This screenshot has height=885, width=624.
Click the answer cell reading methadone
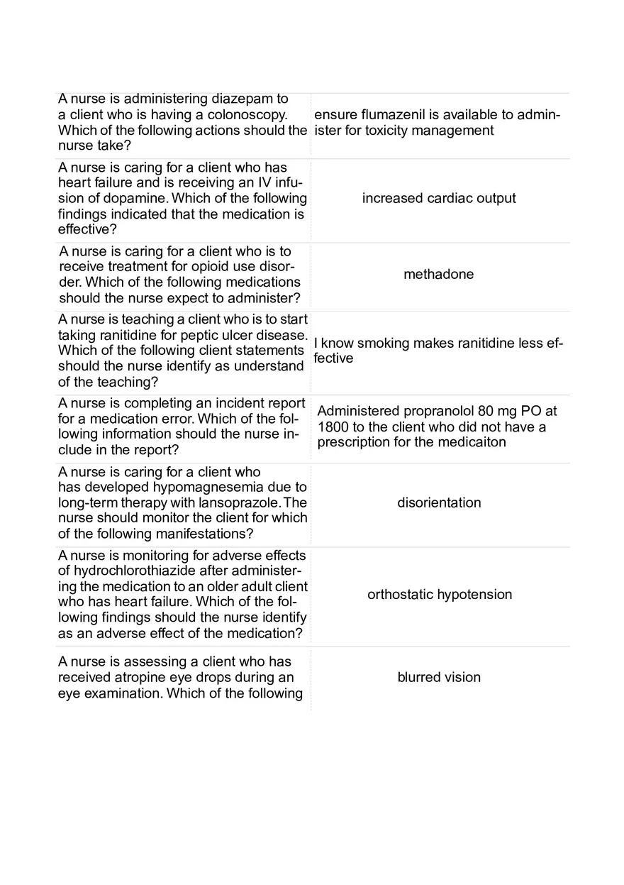tap(438, 275)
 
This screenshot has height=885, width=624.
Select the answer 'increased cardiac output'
tap(438, 198)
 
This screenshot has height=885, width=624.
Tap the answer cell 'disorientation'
tap(438, 502)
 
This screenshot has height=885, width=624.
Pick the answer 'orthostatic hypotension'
tap(439, 595)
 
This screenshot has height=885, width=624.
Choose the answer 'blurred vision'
tap(438, 677)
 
